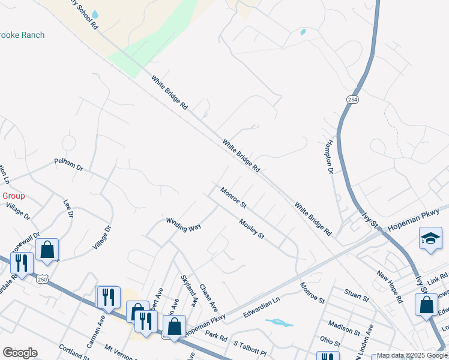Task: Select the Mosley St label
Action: pyautogui.click(x=252, y=229)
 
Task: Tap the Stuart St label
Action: pyautogui.click(x=357, y=296)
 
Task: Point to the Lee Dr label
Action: pyautogui.click(x=67, y=209)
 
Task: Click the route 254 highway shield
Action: pyautogui.click(x=352, y=99)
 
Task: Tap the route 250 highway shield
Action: pyautogui.click(x=41, y=279)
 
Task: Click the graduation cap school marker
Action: pyautogui.click(x=431, y=238)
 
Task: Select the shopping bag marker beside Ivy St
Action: pyautogui.click(x=426, y=304)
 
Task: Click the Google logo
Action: pyautogui.click(x=20, y=353)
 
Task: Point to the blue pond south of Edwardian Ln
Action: pyautogui.click(x=279, y=323)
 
